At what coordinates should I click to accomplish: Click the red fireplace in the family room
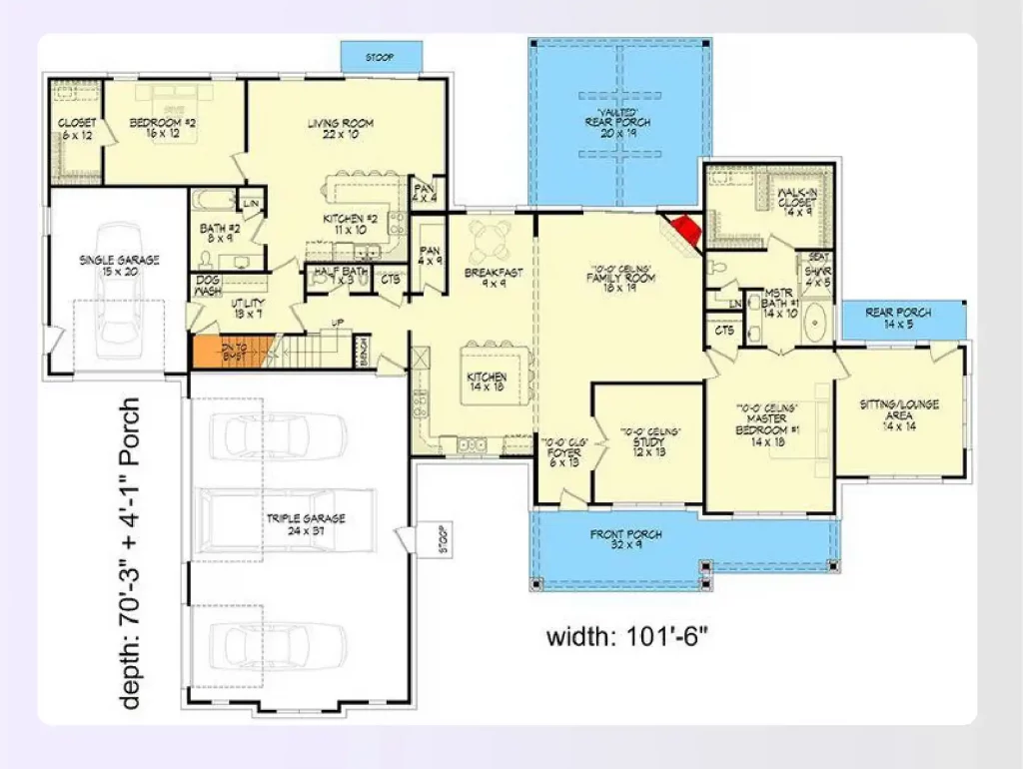685,232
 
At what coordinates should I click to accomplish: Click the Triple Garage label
305,524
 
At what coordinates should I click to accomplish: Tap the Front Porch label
626,540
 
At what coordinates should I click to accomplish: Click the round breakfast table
490,238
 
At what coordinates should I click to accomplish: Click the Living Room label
340,130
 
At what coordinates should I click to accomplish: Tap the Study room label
649,444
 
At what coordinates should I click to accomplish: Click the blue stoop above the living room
381,57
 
